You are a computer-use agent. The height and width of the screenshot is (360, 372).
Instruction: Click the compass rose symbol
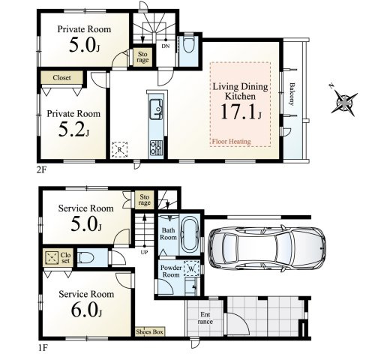pos(343,102)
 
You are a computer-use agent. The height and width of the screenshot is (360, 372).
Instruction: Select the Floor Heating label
pos(231,142)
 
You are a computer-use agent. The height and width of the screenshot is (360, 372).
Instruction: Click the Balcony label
pos(291,94)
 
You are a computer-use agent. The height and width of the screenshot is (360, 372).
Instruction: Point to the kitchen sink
pos(156,109)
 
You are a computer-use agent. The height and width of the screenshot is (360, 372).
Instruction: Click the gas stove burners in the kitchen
pos(156,147)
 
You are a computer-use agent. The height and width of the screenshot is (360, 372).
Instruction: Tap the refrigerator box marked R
pos(119,150)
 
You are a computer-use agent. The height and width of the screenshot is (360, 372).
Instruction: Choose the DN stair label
pos(165,46)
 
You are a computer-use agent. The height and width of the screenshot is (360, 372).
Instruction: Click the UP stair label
pos(144,252)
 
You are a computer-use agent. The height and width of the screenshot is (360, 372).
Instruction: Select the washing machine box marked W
pos(191,268)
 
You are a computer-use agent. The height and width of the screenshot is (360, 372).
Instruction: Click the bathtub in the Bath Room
pos(190,235)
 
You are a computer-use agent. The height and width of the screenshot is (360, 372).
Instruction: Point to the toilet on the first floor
pos(85,257)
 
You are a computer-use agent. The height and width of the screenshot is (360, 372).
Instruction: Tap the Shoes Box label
pos(149,331)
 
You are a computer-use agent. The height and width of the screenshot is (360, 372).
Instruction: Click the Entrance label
pos(205,318)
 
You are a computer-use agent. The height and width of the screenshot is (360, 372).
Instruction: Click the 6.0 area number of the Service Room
pos(86,310)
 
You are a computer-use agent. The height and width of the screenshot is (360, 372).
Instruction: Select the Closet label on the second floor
pos(61,78)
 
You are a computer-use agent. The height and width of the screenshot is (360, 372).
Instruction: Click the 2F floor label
pos(41,170)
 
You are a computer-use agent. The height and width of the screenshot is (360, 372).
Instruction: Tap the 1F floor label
pos(43,348)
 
